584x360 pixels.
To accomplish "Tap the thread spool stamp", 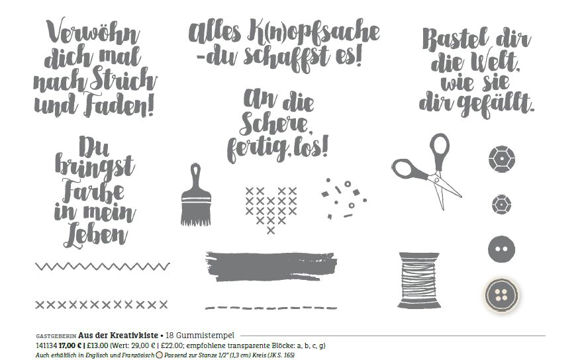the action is [419, 280].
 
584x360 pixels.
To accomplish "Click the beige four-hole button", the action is [502, 295].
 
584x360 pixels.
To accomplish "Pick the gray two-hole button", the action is [502, 249].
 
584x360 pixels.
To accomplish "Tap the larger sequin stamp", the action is [502, 159].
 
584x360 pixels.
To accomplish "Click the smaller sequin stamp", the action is [501, 204].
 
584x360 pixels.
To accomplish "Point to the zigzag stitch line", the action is [103, 266].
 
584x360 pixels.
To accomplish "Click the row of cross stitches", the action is [101, 304].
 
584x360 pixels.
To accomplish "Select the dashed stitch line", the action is [271, 308].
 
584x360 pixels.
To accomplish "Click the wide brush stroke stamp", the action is [271, 266].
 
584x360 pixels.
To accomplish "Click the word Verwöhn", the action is [93, 32].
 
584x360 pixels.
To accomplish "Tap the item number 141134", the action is [46, 345].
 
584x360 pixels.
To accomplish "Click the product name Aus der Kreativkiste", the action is [118, 336].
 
